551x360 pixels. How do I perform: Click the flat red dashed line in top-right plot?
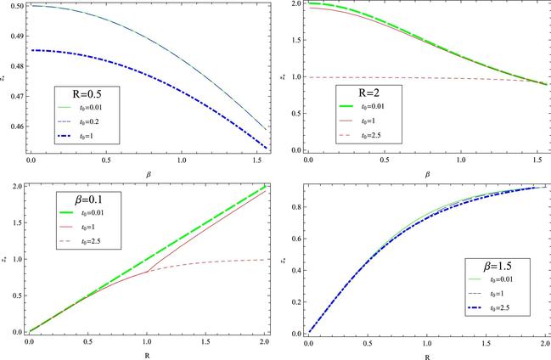[382, 77]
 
